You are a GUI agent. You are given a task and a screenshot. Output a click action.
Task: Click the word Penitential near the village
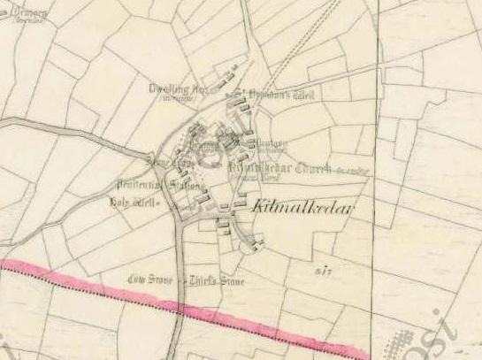[133, 185]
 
